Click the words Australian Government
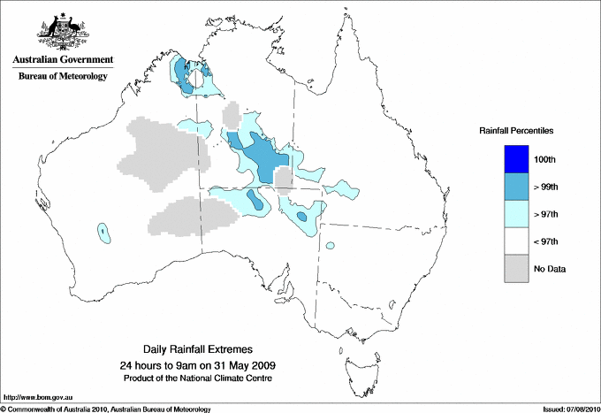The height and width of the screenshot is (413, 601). [x=62, y=60]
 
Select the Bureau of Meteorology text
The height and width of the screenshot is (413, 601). [x=62, y=76]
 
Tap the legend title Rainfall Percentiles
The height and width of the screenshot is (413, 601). [x=516, y=130]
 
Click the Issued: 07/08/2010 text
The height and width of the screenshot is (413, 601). [x=570, y=409]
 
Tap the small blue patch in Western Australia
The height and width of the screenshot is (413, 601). [x=104, y=233]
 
